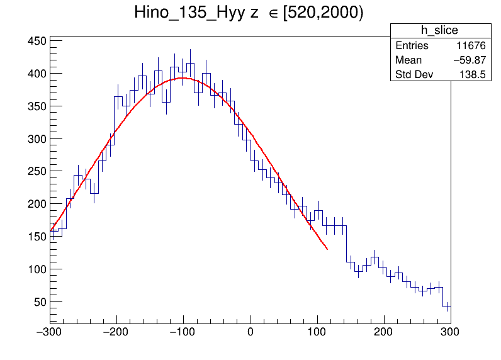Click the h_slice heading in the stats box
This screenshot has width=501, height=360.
pyautogui.click(x=440, y=31)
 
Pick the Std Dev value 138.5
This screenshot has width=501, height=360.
pyautogui.click(x=473, y=75)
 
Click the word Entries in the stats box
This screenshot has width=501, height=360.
pyautogui.click(x=412, y=46)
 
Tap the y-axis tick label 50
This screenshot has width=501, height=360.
pyautogui.click(x=40, y=302)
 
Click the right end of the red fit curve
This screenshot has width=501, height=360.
pyautogui.click(x=327, y=249)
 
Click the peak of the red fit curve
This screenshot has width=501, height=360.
pyautogui.click(x=183, y=78)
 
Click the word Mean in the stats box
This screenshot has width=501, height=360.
pyautogui.click(x=408, y=60)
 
